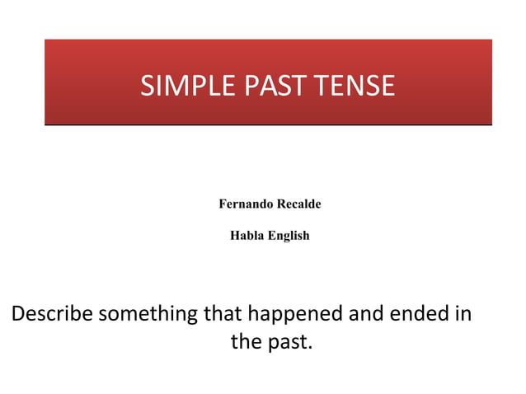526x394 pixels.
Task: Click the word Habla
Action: pos(245,235)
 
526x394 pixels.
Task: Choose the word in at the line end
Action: pos(462,314)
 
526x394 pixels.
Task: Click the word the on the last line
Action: pos(246,341)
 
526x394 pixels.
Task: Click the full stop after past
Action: pos(310,347)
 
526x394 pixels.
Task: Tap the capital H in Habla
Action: pos(234,235)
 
